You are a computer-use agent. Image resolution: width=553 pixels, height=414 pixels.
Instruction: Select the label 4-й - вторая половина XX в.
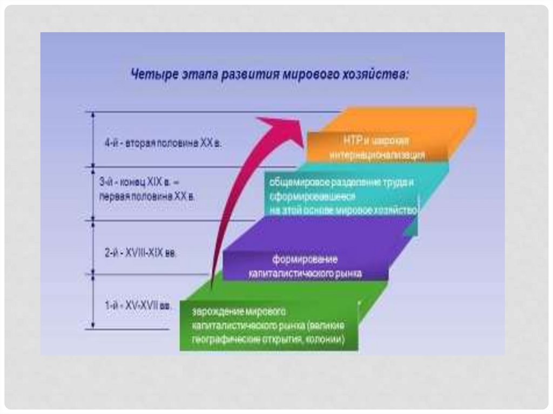click(x=163, y=144)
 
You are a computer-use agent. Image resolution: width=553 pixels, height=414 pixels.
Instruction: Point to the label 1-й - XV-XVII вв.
click(x=139, y=306)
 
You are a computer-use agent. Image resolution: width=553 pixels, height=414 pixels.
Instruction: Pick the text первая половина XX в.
click(x=146, y=197)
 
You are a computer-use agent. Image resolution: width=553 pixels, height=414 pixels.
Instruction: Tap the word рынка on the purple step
click(x=348, y=274)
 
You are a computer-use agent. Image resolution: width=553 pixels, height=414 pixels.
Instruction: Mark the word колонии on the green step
click(x=326, y=340)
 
